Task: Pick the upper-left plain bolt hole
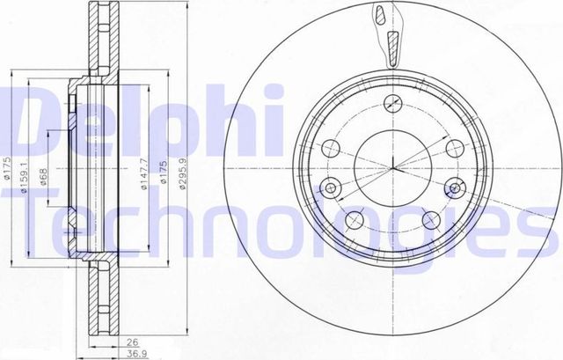tap(332, 148)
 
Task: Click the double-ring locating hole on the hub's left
tap(332, 187)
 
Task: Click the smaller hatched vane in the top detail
tap(379, 15)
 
